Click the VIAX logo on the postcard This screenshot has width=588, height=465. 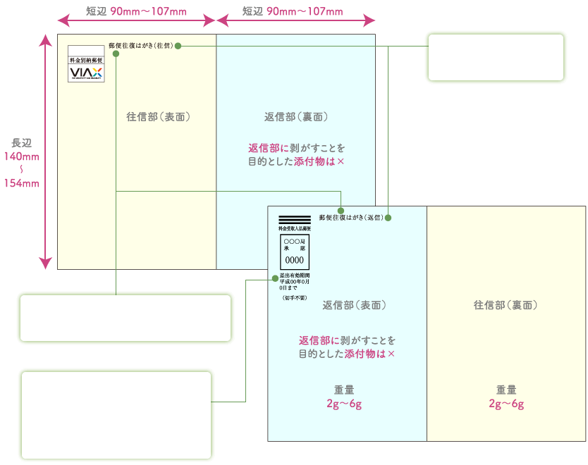(86, 73)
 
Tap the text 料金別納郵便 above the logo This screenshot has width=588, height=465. (86, 61)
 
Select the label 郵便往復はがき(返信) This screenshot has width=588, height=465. (351, 218)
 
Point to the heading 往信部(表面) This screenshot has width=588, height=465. (159, 116)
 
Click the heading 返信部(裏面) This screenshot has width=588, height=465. (295, 116)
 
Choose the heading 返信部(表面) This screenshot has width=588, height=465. (355, 305)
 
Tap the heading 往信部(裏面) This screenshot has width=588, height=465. (506, 305)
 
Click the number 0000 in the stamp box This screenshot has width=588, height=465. (294, 260)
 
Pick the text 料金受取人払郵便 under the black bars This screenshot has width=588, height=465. (294, 229)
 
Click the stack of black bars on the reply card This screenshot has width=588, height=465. (294, 219)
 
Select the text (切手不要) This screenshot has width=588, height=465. (294, 298)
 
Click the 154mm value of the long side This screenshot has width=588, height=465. (22, 183)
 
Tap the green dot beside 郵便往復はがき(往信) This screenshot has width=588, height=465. (178, 46)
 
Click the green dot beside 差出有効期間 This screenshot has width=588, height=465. (274, 280)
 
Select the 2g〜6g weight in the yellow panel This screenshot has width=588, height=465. (506, 404)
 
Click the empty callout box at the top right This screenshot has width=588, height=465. (496, 57)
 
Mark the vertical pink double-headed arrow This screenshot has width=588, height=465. (46, 152)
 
